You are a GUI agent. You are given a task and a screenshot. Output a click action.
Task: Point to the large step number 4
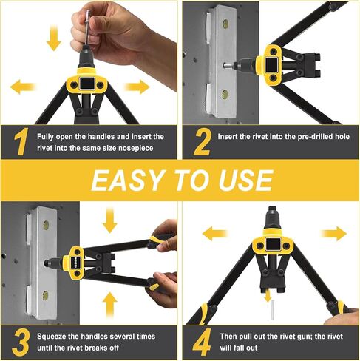coord(201,342)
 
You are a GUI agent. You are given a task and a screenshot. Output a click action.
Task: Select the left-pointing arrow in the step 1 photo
coord(22,87)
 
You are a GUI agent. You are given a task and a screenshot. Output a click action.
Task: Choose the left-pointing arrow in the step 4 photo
coord(214,235)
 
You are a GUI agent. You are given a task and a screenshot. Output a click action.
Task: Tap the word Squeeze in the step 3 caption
coord(56,335)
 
